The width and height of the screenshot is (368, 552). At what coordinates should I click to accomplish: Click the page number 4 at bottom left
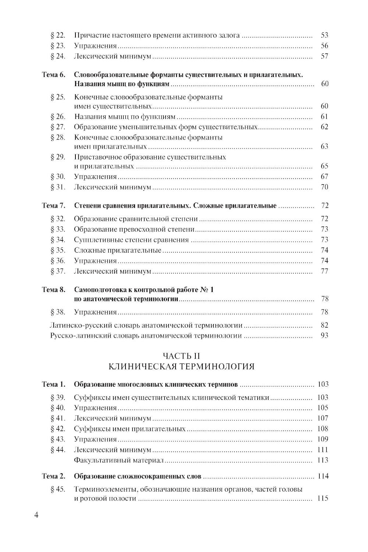pos(36,515)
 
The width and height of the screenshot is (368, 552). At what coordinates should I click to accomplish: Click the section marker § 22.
pos(58,35)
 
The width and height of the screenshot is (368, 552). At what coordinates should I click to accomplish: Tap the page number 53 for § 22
pos(324,35)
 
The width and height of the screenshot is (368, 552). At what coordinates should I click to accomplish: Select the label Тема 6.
pos(54,75)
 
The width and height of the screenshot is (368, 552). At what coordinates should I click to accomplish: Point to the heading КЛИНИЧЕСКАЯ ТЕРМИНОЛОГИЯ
pos(181,366)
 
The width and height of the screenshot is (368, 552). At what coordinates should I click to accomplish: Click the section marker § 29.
pos(58,157)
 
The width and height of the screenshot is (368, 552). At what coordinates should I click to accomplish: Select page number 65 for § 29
pos(324,166)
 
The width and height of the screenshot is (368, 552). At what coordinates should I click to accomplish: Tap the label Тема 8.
pos(54,290)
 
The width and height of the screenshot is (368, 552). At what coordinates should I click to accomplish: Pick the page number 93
pos(324,335)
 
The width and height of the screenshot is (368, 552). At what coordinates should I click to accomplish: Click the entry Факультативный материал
pos(118,460)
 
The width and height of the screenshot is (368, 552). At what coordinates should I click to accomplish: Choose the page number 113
pos(322,460)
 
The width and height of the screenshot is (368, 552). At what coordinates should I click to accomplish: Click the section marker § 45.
pos(58,489)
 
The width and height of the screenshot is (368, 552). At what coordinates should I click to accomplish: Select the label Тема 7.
pos(54,205)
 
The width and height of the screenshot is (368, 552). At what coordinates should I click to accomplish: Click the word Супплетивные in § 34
pos(96,240)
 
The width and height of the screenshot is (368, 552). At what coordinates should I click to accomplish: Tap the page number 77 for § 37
pos(324,271)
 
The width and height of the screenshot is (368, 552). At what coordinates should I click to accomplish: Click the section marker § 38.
pos(58,312)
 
